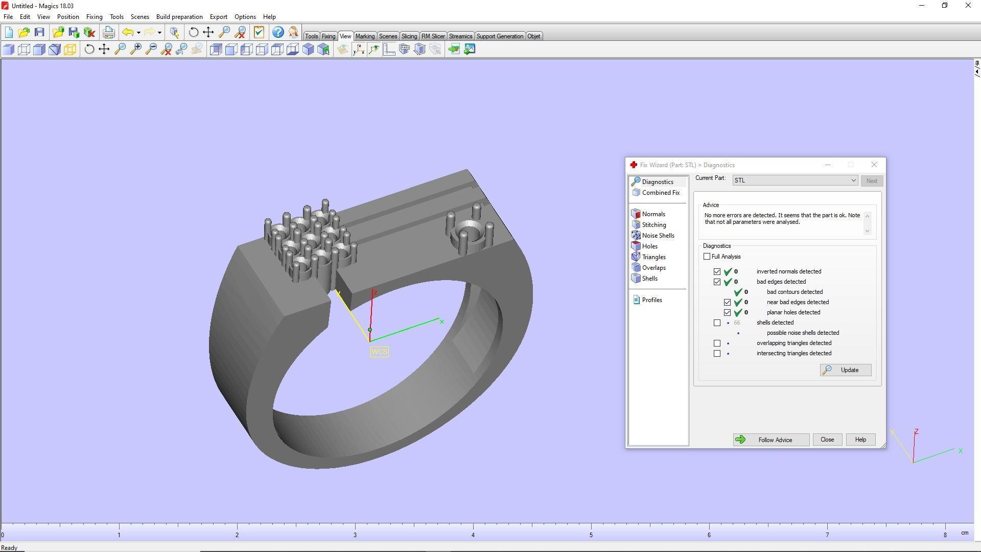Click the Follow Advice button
[770, 440]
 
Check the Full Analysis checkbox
[707, 257]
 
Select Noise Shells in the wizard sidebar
[658, 236]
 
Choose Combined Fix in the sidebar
[660, 193]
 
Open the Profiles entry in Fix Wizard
[651, 300]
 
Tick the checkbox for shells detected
[717, 323]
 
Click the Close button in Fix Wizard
[827, 440]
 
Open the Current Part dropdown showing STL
[795, 180]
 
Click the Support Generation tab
[499, 36]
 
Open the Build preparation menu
[179, 17]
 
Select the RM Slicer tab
[433, 36]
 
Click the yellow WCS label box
[379, 352]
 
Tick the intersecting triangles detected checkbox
[717, 354]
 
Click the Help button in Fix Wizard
[860, 440]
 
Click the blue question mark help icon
[277, 33]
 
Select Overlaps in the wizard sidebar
[653, 268]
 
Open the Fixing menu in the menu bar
[94, 17]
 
